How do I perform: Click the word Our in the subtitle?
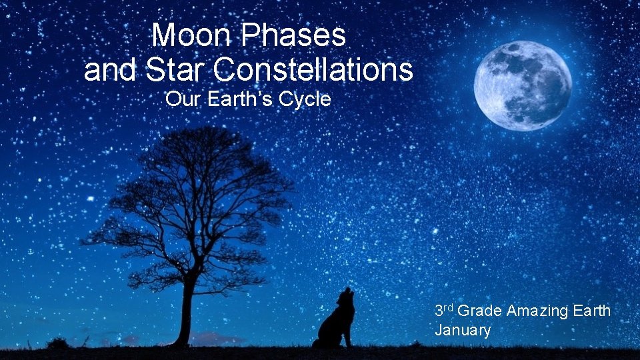click(179, 99)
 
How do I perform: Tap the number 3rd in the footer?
click(445, 310)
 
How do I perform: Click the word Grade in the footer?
click(480, 310)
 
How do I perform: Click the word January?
click(462, 329)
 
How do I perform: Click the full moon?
click(522, 85)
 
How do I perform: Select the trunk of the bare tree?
click(185, 313)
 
